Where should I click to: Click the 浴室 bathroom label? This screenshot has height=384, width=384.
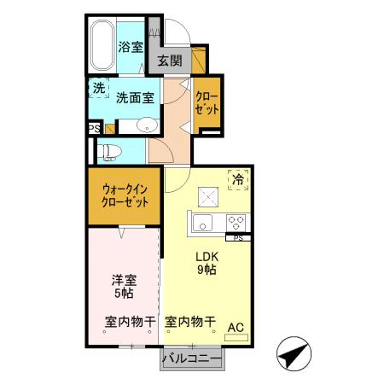click(x=131, y=48)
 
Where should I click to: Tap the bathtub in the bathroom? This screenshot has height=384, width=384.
click(x=102, y=48)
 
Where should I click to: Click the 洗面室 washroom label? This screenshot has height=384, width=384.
click(x=135, y=97)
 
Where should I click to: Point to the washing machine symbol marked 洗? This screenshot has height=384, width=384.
click(x=99, y=87)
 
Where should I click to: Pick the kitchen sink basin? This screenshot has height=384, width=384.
click(x=202, y=224)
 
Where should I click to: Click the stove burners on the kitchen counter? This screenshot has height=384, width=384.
click(x=236, y=223)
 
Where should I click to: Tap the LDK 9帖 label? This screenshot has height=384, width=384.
click(x=207, y=263)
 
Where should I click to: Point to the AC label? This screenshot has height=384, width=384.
click(x=236, y=326)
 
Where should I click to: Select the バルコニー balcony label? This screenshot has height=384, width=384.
click(x=193, y=357)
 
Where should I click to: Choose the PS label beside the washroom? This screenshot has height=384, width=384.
click(x=93, y=128)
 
